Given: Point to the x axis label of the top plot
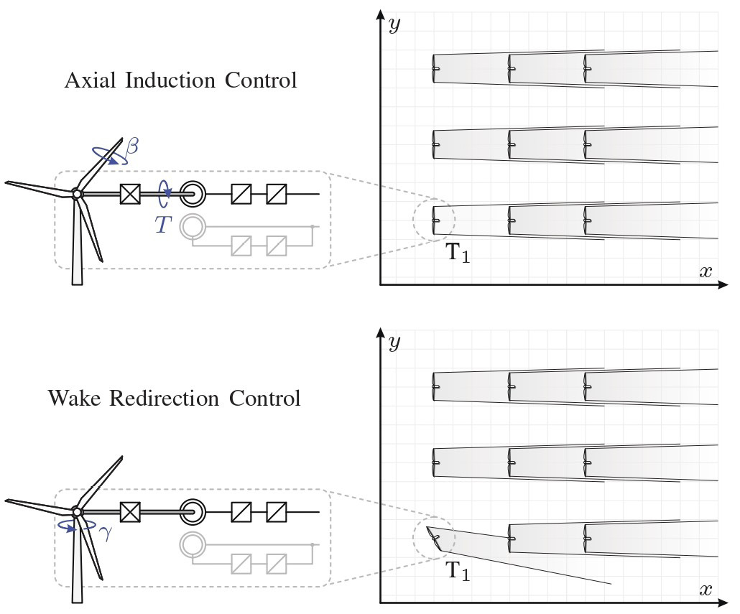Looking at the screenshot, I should tap(706, 271).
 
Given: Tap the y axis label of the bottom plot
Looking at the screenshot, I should tap(394, 342).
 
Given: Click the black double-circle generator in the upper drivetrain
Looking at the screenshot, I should tap(192, 193).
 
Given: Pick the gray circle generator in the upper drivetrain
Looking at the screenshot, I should tap(192, 226).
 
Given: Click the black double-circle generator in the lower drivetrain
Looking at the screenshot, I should tap(192, 512).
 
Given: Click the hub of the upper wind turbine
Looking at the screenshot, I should tap(76, 193).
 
